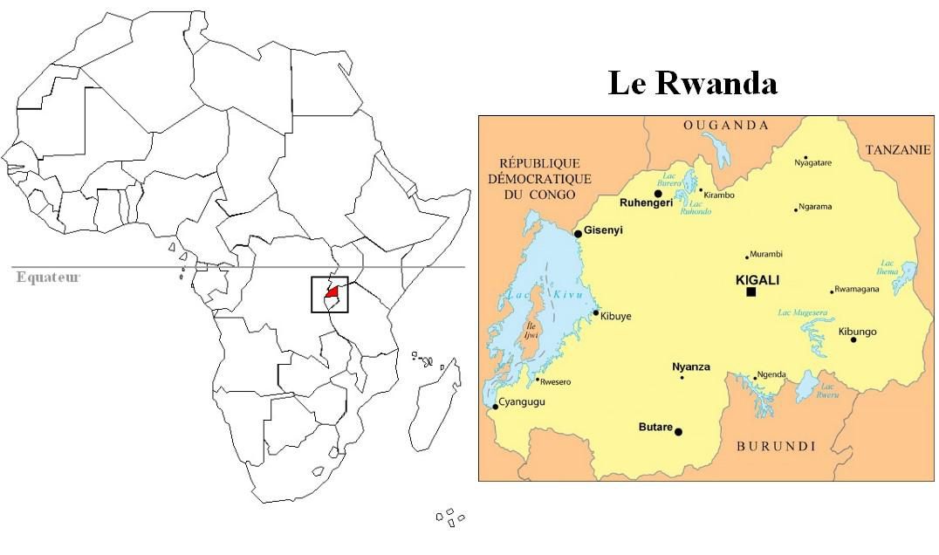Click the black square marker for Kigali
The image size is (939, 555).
coord(751,291)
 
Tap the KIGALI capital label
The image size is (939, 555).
coord(757,280)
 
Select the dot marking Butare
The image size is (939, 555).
coord(679,431)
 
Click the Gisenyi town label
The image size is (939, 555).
coord(604,231)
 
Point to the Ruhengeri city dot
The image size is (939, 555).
coord(658,194)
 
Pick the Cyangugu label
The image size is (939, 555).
coord(521,401)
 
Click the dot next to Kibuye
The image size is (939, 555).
coord(596,312)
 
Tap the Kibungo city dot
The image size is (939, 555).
coord(853,339)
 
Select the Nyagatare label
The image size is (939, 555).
coord(812,163)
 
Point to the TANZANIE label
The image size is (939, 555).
coord(898,150)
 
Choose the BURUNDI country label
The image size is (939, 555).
coord(776,446)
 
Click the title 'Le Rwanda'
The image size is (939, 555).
coord(692,84)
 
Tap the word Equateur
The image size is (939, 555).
coord(48,277)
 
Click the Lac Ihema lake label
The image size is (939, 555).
coord(888,267)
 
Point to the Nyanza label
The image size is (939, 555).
coord(690,367)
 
